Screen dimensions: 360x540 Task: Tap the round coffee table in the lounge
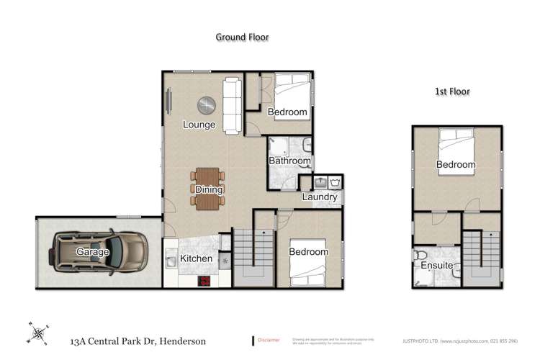click(x=207, y=105)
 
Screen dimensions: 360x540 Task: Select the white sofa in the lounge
click(x=232, y=106)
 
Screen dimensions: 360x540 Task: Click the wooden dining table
click(x=208, y=189)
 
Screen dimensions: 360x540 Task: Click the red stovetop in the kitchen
click(x=204, y=282)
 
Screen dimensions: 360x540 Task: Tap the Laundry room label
click(x=320, y=197)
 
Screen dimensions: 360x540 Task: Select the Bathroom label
click(x=290, y=161)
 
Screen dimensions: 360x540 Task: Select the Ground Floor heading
click(x=242, y=37)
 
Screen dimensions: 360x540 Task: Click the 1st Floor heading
click(x=454, y=92)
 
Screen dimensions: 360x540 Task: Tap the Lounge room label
click(x=199, y=125)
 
